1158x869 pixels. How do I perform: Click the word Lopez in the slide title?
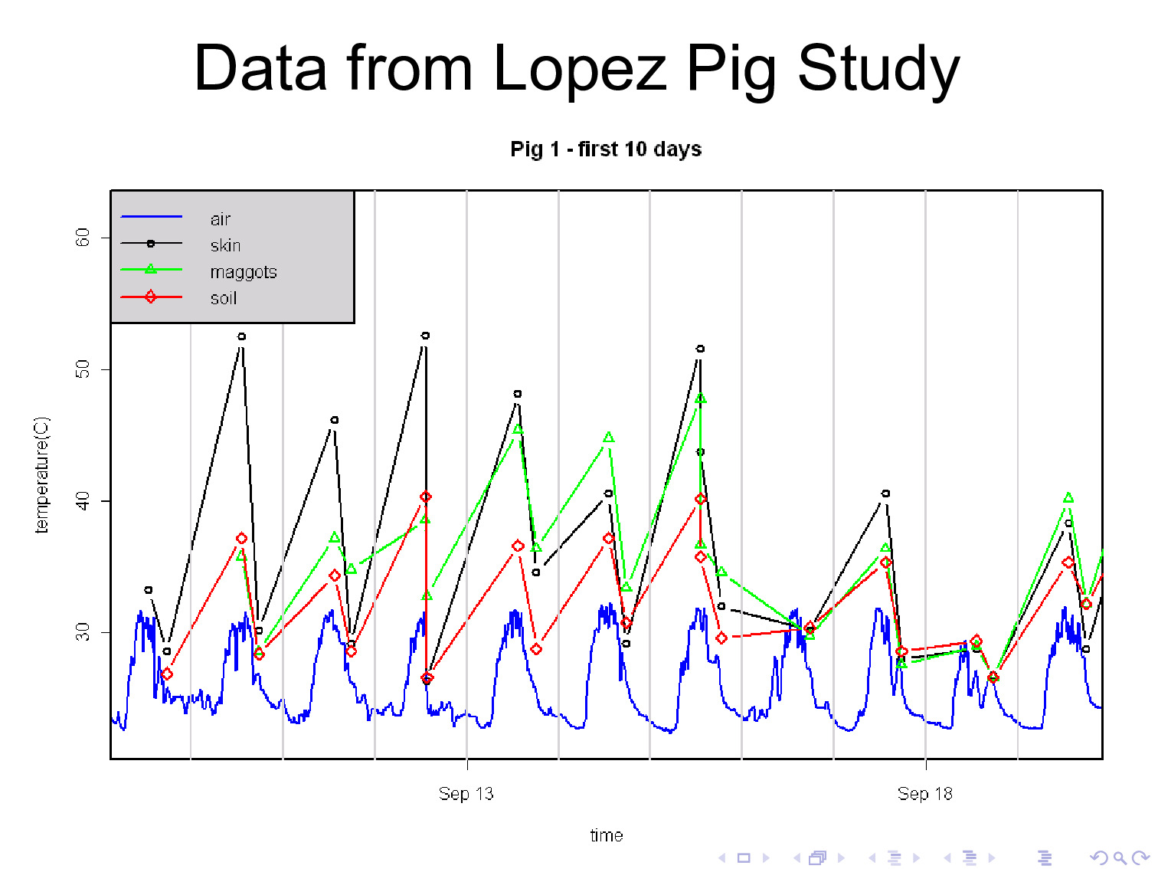pos(580,69)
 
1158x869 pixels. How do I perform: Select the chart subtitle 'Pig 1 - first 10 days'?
pos(606,149)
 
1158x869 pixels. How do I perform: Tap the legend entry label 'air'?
pos(221,219)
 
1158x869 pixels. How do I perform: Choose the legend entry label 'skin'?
pos(225,245)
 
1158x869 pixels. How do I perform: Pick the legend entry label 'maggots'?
pos(243,272)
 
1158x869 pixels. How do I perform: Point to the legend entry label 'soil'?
pos(223,298)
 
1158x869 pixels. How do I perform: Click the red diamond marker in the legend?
pos(151,297)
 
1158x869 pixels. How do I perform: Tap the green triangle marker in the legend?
pos(151,269)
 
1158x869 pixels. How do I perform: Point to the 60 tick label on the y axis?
pos(83,238)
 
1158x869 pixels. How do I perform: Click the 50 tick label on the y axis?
pos(83,369)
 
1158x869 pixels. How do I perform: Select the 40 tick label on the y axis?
pos(83,501)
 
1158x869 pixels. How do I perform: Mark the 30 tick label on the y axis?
pos(83,632)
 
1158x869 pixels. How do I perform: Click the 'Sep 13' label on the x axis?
pos(466,794)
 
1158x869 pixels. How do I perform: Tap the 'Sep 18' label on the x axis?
pos(924,794)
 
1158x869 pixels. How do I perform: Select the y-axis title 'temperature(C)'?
pos(41,474)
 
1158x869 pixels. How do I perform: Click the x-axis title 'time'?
pos(606,835)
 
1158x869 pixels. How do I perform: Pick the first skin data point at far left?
pos(149,590)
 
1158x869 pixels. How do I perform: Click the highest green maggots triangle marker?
pos(700,398)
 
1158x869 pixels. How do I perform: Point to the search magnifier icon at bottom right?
pos(1119,858)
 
